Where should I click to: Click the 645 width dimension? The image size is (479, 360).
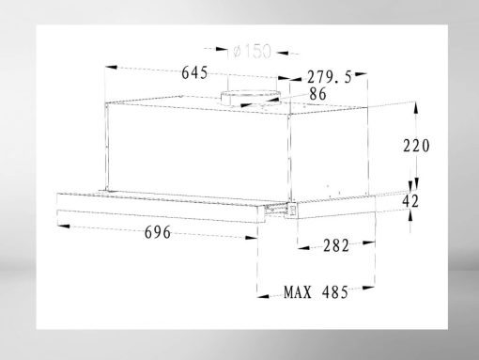[194, 72]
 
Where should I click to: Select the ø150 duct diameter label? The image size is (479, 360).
[252, 52]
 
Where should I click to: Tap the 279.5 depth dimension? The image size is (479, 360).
[330, 77]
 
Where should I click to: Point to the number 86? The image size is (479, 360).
[317, 94]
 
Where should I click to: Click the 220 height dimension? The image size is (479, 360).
[416, 146]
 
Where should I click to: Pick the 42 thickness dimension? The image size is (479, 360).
[410, 201]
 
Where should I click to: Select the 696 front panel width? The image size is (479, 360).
[158, 232]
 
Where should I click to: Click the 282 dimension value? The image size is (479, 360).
[336, 245]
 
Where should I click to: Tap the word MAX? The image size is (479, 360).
[298, 292]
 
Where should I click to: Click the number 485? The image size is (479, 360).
[335, 292]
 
